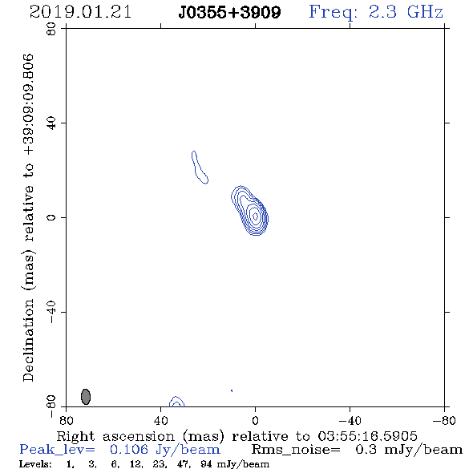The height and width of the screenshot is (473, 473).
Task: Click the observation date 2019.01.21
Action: (x=80, y=12)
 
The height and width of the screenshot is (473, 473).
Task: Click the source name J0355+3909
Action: (x=229, y=12)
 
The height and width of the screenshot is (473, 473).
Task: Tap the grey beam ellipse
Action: (x=86, y=397)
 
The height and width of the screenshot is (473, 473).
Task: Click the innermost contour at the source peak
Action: (x=255, y=216)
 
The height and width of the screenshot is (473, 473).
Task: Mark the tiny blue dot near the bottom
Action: (x=232, y=390)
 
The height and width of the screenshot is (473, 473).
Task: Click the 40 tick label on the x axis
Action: (x=160, y=421)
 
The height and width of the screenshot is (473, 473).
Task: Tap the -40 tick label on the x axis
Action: (x=350, y=421)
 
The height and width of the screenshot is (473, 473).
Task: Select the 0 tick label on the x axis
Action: (x=255, y=421)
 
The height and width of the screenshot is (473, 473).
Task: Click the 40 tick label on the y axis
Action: (x=51, y=123)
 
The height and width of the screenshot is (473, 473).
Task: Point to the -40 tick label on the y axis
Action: (x=51, y=312)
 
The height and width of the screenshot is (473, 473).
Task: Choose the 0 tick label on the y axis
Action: (x=51, y=217)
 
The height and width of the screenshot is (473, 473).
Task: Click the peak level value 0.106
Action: (x=129, y=450)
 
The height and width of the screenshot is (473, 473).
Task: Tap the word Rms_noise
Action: (x=296, y=450)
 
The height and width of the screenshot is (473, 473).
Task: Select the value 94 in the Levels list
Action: (x=206, y=464)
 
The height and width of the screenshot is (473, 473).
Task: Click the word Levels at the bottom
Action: (x=35, y=464)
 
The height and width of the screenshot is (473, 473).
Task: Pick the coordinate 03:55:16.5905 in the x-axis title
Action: (x=367, y=436)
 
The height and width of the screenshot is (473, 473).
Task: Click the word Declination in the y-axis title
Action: (x=28, y=340)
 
